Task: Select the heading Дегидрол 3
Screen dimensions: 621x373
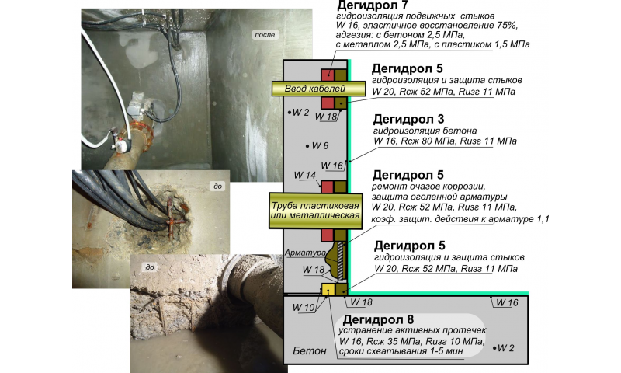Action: (x=409, y=119)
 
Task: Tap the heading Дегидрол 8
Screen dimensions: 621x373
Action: (x=378, y=319)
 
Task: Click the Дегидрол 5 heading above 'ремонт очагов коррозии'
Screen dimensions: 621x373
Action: (x=408, y=175)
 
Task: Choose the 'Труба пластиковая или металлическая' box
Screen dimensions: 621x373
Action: (x=316, y=211)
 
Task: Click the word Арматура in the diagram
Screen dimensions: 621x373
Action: (x=305, y=253)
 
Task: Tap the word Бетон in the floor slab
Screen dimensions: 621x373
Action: (x=310, y=350)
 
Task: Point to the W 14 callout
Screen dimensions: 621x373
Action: (x=305, y=175)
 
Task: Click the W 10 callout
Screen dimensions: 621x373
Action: (x=304, y=307)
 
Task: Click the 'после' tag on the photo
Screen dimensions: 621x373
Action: (x=265, y=35)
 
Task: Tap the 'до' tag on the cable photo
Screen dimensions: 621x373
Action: (x=218, y=186)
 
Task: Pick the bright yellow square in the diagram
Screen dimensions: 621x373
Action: (x=328, y=289)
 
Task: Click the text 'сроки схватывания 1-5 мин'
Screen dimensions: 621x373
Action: (x=401, y=351)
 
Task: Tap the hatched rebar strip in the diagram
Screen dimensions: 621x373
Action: (x=340, y=260)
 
